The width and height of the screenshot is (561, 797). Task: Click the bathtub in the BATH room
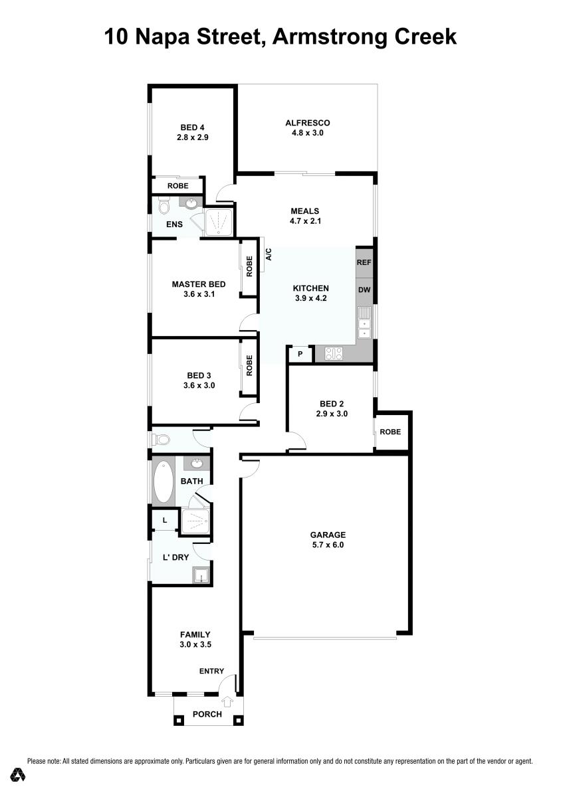pyautogui.click(x=163, y=482)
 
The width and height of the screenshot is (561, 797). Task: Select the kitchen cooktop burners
pyautogui.click(x=333, y=353)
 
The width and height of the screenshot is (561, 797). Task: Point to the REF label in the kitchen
pyautogui.click(x=364, y=262)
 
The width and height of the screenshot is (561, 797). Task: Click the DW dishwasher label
pyautogui.click(x=364, y=290)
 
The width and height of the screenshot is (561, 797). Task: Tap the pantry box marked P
pyautogui.click(x=300, y=354)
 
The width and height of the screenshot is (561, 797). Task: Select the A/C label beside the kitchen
pyautogui.click(x=269, y=254)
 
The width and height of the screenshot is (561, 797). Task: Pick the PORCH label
pyautogui.click(x=207, y=714)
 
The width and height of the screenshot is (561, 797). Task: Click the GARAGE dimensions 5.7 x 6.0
pyautogui.click(x=328, y=545)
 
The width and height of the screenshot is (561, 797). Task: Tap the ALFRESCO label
pyautogui.click(x=307, y=123)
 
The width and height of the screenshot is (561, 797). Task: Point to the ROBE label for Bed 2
pyautogui.click(x=390, y=432)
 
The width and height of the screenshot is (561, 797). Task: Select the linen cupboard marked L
pyautogui.click(x=165, y=520)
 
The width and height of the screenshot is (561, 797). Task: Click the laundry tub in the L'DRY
pyautogui.click(x=201, y=575)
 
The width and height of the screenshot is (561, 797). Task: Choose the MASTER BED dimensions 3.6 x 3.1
pyautogui.click(x=199, y=294)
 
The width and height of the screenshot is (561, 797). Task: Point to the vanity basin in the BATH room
pyautogui.click(x=196, y=464)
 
